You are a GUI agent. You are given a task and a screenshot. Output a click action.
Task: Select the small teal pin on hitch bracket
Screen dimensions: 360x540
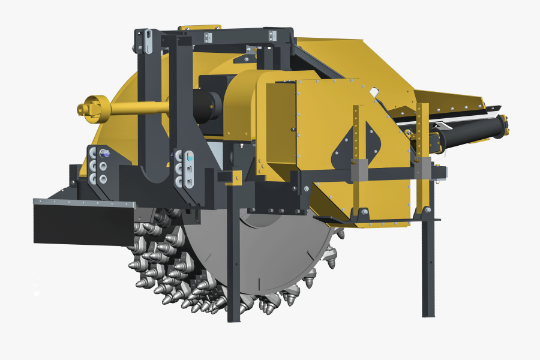click(x=190, y=157)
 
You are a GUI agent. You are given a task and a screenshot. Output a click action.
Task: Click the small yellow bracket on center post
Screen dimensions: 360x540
click(x=236, y=176)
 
